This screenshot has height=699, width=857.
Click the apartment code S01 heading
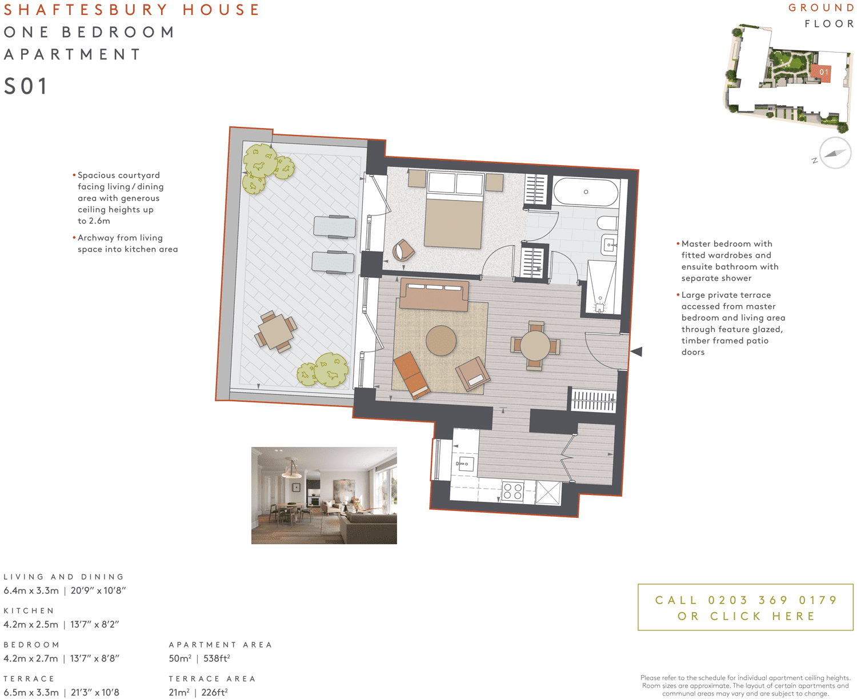point(26,87)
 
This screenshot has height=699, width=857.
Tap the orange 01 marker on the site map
point(823,72)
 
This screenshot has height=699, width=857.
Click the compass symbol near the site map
point(835,153)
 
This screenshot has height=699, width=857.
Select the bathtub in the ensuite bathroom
point(586,193)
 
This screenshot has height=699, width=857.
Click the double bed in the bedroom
point(455,214)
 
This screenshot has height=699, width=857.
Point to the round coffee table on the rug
point(441,340)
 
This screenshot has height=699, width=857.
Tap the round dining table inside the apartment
point(535,345)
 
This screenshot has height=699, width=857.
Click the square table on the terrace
point(275,332)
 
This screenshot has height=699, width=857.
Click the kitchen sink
point(463,464)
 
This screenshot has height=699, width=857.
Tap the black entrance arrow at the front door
point(636,352)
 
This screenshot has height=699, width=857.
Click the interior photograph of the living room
point(324,496)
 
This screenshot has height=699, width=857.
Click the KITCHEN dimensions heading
point(29,611)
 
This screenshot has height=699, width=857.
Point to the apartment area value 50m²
point(180,658)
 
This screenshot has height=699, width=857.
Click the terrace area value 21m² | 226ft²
point(198,692)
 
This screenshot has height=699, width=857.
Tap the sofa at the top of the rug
point(434,294)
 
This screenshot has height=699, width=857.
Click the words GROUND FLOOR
point(823,16)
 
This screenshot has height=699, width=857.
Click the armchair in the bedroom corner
point(403,250)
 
